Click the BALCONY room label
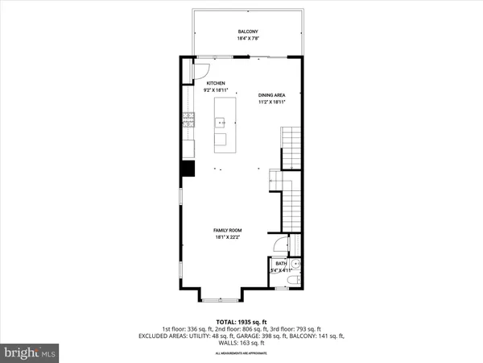(247, 31)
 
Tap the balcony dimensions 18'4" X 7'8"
(247, 38)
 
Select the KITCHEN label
(217, 84)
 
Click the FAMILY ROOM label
(228, 231)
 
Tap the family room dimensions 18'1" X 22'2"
(228, 238)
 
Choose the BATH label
(281, 263)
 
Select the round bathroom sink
(297, 263)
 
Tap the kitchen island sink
(219, 123)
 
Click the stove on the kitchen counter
(188, 122)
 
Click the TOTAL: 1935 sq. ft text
(241, 320)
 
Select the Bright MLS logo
(31, 352)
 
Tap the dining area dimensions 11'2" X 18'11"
(272, 102)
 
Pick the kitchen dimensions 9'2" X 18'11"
(217, 91)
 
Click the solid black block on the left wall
(188, 168)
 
